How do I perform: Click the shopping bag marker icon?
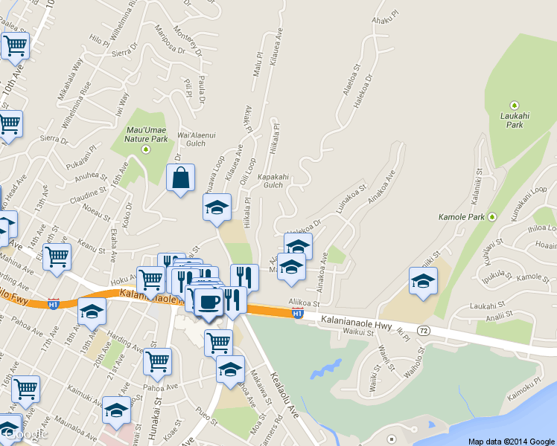tap(180, 178)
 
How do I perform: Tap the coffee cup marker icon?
tap(209, 301)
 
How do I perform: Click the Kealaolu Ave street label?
tap(284, 393)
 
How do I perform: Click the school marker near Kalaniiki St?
tap(423, 282)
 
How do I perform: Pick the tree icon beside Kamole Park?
tap(491, 217)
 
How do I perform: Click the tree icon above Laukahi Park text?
tap(514, 106)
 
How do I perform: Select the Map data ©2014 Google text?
tap(512, 442)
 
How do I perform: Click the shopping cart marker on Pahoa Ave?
tap(157, 362)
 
